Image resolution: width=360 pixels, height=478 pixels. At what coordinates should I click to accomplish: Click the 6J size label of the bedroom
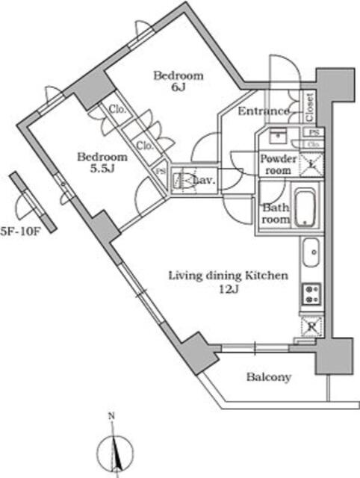coord(179,88)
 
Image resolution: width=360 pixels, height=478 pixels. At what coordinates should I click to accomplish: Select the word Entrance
coord(263,111)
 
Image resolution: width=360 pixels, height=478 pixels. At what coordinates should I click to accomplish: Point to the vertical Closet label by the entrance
coord(309,107)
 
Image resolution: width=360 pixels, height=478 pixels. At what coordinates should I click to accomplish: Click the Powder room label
coord(278,164)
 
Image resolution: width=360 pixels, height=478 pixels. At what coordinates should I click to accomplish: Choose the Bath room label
coord(274,214)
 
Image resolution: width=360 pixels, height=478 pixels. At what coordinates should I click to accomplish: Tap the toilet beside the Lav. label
coord(180,180)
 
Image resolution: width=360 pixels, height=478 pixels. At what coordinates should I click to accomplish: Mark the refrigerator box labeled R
coord(311,326)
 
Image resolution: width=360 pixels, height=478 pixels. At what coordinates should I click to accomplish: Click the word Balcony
coord(268,377)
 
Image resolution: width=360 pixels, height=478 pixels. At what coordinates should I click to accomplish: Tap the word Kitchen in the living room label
coord(265,276)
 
